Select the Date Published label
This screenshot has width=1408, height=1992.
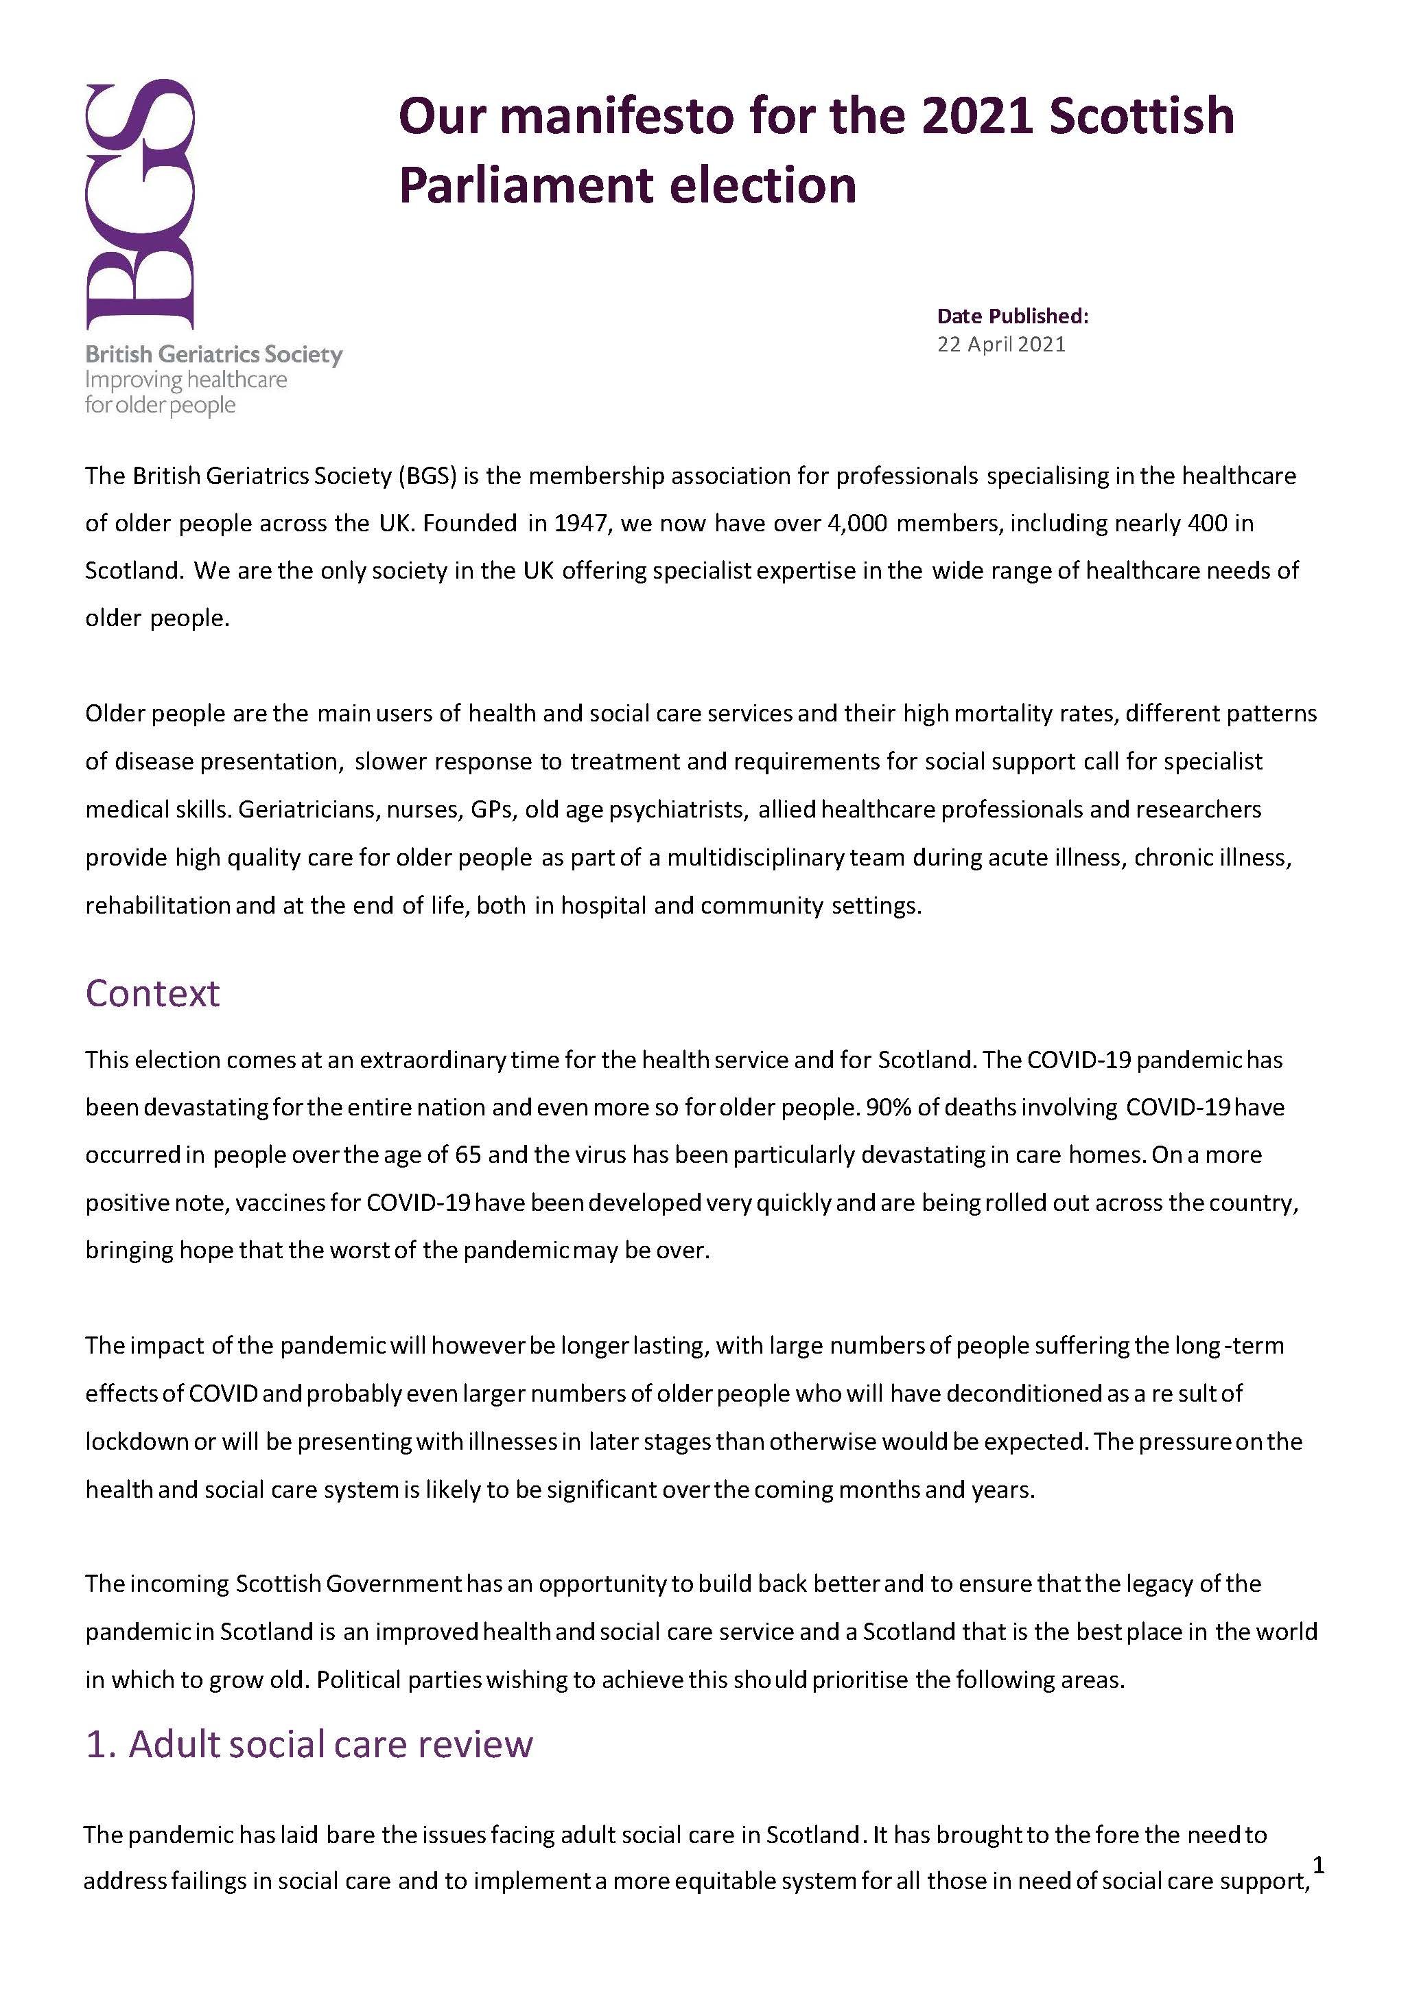pos(1011,316)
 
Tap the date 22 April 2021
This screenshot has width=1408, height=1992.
pos(1000,345)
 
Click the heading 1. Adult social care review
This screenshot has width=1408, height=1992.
pos(309,1744)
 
